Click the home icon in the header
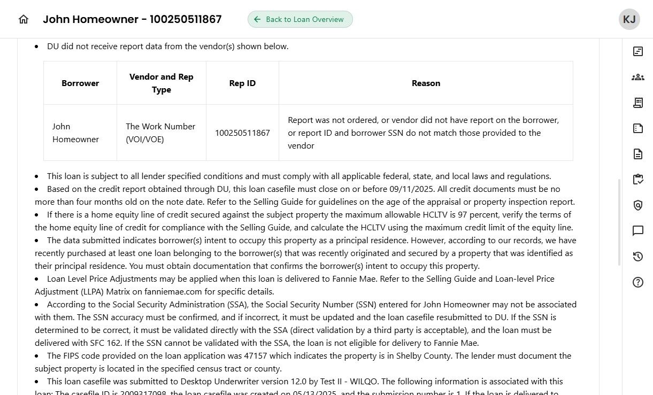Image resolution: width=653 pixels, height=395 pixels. [x=24, y=19]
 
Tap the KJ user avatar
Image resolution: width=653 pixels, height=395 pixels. [x=629, y=19]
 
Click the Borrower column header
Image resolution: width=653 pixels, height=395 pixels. [x=80, y=83]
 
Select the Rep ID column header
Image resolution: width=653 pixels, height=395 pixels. [x=242, y=83]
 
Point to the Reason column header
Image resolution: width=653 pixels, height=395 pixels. [x=426, y=83]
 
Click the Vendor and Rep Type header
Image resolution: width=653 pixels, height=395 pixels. [x=162, y=83]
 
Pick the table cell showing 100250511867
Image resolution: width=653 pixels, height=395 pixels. [x=242, y=133]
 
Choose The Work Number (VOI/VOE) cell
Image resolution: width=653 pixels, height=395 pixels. [x=160, y=133]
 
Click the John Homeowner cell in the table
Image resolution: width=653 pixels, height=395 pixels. [x=75, y=133]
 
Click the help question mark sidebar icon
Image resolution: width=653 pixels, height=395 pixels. [x=637, y=282]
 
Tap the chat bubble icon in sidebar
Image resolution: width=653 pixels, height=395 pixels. [x=637, y=231]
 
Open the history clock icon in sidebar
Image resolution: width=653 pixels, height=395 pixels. [x=637, y=257]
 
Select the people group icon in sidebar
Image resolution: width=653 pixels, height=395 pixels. [x=637, y=77]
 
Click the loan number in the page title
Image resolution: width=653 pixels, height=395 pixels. [x=186, y=19]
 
